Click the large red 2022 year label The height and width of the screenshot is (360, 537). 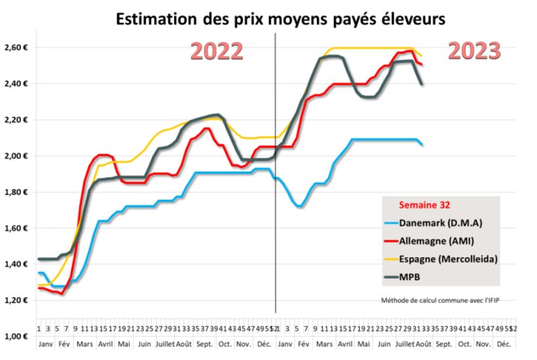point(217,52)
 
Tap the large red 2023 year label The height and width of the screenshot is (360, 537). point(475,50)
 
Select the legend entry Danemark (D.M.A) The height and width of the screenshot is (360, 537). point(440,223)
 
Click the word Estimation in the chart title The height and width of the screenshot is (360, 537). point(153,19)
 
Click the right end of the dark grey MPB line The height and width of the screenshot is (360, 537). point(421,84)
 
